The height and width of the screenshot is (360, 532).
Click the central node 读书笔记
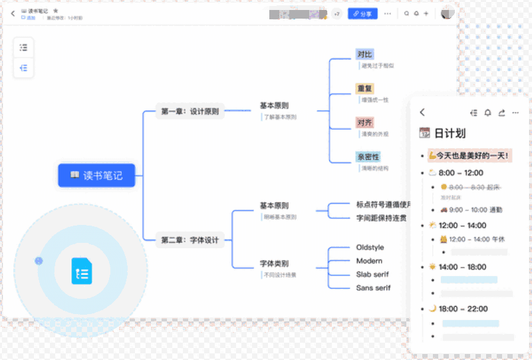coord(96,176)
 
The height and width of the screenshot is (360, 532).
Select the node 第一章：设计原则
coord(190,112)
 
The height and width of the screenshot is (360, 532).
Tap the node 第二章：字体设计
coord(190,240)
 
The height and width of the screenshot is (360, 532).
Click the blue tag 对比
coord(364,55)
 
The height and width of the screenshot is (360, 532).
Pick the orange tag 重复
coord(364,89)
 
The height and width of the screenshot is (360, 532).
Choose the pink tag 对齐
coord(364,122)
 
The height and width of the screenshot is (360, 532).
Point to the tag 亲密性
coord(368,157)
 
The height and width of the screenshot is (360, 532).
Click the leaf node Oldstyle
coord(370,248)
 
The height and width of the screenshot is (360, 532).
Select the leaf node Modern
coord(369,261)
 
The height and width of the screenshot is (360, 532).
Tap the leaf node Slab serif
coord(372,274)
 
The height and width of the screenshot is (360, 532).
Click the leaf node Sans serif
coord(373,287)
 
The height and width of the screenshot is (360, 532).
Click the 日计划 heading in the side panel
coord(450,133)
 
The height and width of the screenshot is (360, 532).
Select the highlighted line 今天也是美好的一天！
coord(469,156)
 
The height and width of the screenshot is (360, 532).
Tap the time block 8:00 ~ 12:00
coord(461,173)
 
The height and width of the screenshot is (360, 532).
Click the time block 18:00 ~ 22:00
coord(464,309)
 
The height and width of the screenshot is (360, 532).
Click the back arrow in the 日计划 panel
coord(422,112)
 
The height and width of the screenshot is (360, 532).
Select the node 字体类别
coord(274,264)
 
